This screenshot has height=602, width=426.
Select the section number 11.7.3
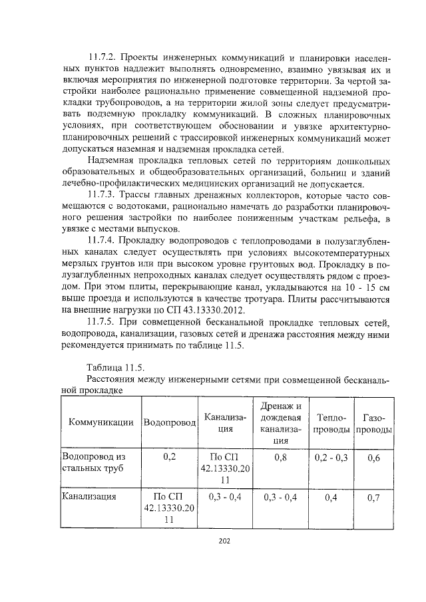coord(103,196)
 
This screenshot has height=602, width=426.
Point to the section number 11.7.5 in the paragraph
coord(103,323)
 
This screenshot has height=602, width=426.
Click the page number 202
coord(224,539)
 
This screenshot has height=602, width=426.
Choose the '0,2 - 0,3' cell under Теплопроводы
coord(331,458)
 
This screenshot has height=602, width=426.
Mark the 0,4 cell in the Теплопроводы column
coord(331,496)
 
